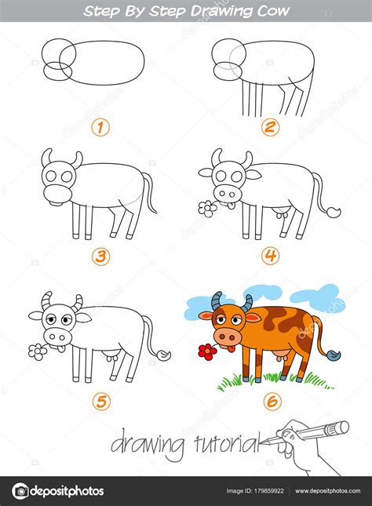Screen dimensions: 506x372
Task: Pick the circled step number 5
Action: point(99,402)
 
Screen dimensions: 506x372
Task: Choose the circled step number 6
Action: point(271,402)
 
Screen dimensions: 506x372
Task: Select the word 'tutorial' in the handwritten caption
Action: point(222,445)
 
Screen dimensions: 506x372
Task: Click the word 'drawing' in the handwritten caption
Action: point(144,445)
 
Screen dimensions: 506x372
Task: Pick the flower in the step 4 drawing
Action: point(208,208)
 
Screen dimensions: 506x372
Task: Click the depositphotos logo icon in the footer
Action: point(20,491)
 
